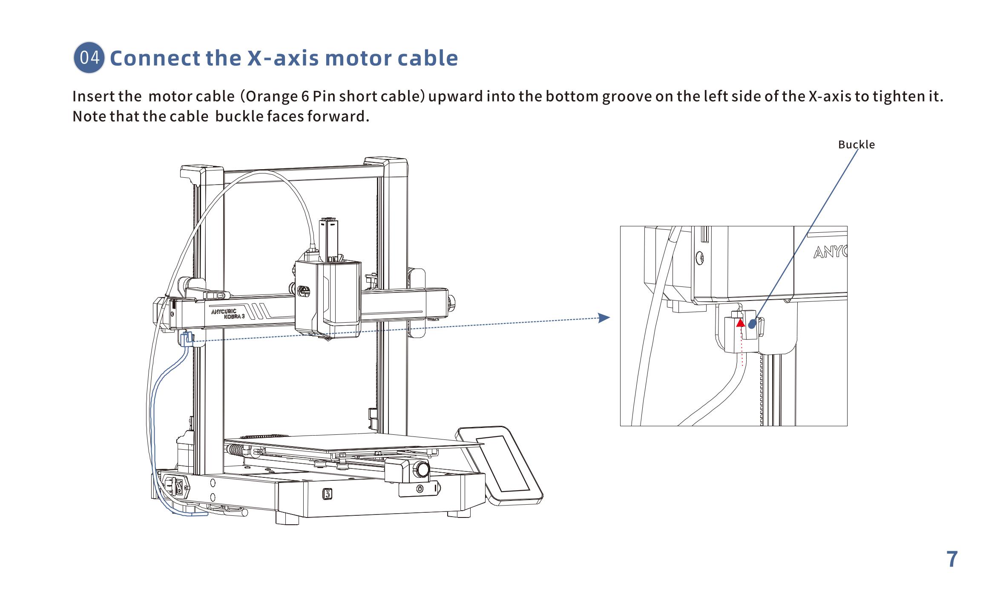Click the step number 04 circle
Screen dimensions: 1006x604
click(x=89, y=58)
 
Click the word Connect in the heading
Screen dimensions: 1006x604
click(x=155, y=58)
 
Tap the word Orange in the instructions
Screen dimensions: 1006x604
click(x=272, y=97)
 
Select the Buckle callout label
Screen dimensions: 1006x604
click(x=856, y=144)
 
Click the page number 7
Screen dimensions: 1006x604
click(x=952, y=559)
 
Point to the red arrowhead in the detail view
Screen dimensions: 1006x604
click(x=741, y=323)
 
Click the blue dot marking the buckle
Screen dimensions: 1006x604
click(x=752, y=324)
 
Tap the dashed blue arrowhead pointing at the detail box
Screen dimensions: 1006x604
click(x=604, y=318)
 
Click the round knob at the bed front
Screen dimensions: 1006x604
click(x=423, y=469)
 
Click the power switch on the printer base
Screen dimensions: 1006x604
click(x=181, y=488)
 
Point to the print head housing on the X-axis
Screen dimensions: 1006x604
click(x=328, y=298)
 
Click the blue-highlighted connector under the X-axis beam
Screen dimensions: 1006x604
click(x=187, y=339)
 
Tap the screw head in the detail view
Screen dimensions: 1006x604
click(x=699, y=257)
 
